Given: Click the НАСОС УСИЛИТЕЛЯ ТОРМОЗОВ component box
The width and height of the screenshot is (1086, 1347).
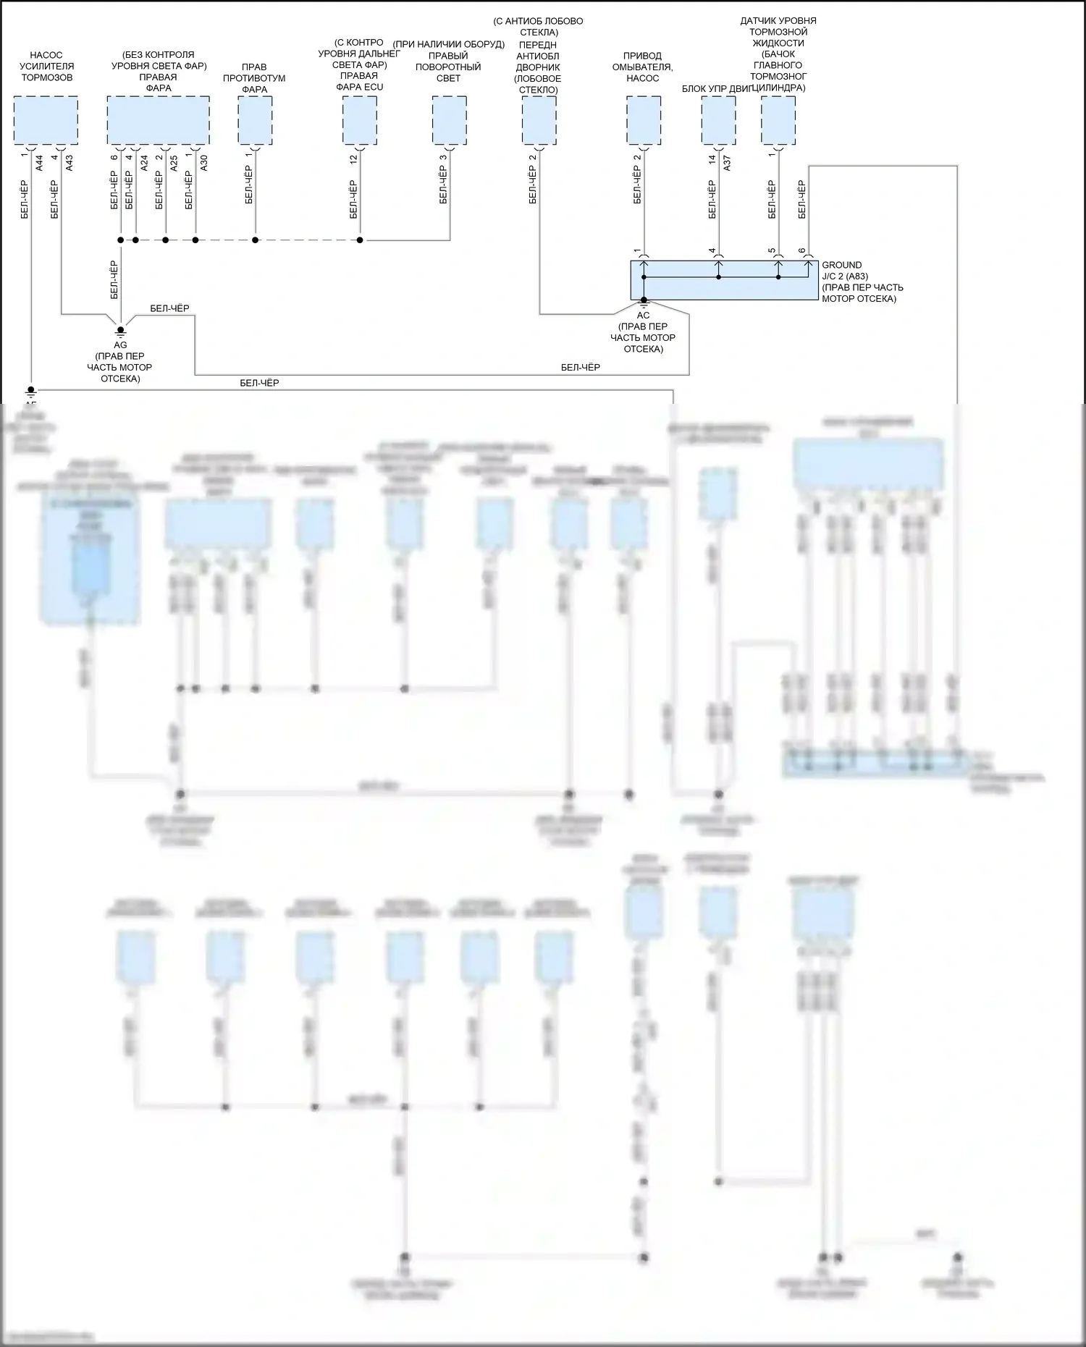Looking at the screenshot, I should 46,120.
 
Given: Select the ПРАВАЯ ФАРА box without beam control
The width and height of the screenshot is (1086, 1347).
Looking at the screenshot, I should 158,120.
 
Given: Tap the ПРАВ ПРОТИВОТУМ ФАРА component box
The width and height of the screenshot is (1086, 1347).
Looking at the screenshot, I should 255,120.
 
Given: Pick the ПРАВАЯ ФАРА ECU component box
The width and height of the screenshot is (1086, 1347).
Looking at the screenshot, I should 360,120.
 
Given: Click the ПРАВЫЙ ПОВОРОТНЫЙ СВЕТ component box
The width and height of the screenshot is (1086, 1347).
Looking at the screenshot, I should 449,120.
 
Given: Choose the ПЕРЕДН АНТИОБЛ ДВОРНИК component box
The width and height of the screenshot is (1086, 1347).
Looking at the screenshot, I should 539,120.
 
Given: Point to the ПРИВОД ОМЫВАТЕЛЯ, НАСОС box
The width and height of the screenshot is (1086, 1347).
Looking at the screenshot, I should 643,120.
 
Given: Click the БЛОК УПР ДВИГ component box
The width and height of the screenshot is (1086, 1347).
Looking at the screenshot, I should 718,120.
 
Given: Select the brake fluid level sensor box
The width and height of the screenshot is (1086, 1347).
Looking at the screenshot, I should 778,120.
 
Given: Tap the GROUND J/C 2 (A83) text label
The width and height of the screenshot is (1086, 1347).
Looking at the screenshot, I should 862,282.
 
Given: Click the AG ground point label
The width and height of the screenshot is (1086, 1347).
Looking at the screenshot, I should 120,345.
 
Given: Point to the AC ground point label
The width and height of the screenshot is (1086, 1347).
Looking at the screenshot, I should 643,316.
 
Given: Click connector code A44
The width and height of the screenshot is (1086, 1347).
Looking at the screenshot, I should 40,163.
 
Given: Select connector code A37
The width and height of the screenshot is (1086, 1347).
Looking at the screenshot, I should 728,163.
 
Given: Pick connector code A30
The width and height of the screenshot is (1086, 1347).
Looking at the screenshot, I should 204,163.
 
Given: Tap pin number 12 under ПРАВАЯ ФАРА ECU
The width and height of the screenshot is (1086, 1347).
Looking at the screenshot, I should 354,159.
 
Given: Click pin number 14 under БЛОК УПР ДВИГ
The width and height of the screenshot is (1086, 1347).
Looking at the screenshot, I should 712,159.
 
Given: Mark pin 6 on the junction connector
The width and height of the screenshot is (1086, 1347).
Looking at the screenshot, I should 802,251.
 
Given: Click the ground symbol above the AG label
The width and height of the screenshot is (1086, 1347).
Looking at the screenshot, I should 120,331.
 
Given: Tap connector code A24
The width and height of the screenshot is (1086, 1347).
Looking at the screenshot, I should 144,163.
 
